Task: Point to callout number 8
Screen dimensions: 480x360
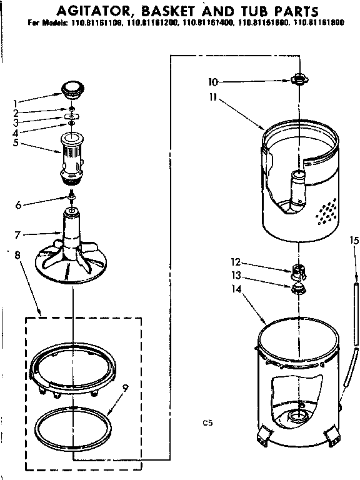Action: pyautogui.click(x=17, y=254)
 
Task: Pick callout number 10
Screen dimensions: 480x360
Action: pyautogui.click(x=213, y=81)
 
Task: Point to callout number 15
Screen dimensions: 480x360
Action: pyautogui.click(x=354, y=239)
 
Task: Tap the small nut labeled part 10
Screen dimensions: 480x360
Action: pyautogui.click(x=298, y=80)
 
